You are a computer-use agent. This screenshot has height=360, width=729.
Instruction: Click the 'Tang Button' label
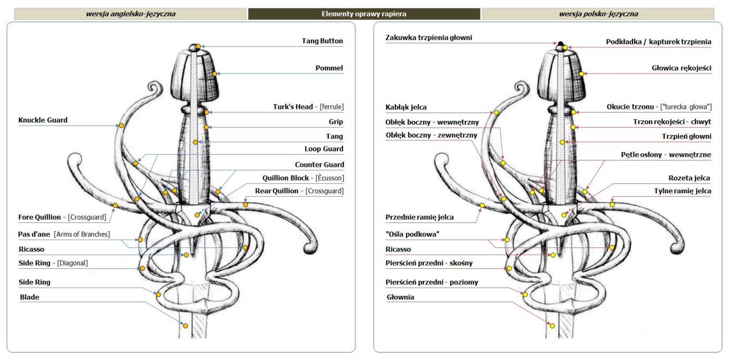pos(322,41)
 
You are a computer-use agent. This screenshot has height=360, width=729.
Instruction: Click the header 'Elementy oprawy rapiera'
pos(364,14)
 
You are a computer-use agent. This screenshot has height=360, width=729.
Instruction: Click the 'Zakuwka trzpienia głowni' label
pos(429,38)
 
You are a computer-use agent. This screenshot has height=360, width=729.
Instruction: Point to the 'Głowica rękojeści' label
pos(681,68)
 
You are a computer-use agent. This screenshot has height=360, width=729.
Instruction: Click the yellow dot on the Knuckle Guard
pos(121,126)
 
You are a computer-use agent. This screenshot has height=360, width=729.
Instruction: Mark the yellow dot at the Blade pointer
pos(186,326)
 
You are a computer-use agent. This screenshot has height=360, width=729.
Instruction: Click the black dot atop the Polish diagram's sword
pos(560,43)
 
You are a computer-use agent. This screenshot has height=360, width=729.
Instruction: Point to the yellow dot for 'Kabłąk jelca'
pos(497,113)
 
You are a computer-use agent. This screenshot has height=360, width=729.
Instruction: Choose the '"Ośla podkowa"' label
pos(412,234)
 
